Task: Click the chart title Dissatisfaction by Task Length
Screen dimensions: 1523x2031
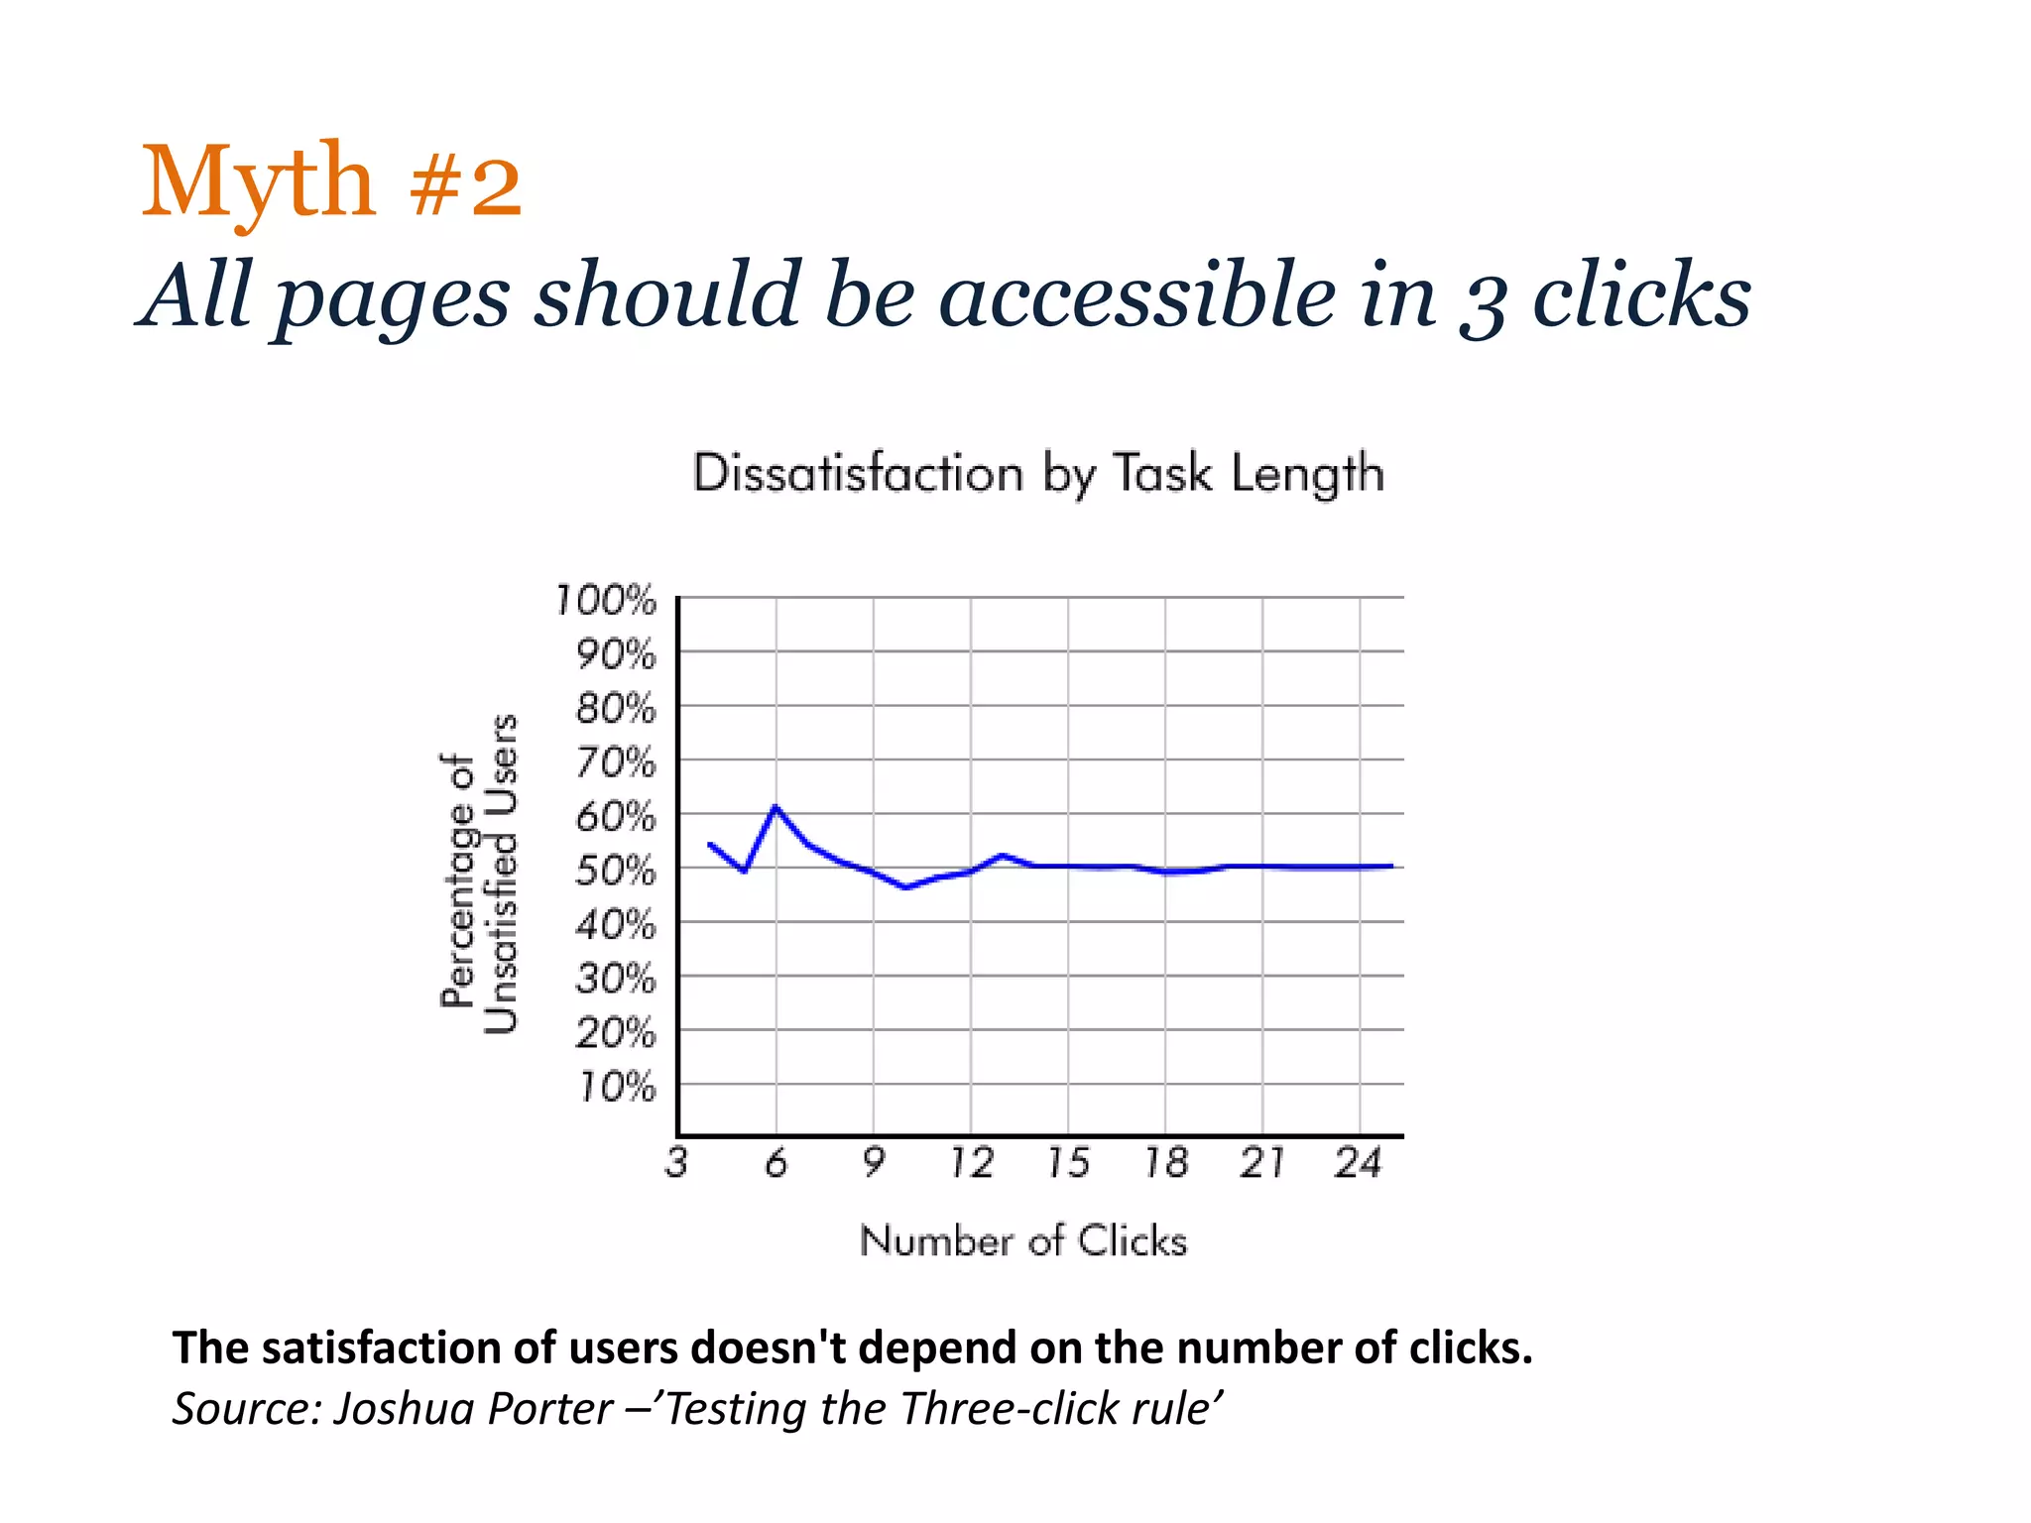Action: pos(1037,473)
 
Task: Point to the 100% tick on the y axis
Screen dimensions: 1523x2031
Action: pos(606,600)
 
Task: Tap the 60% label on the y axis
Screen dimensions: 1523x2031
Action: pos(616,817)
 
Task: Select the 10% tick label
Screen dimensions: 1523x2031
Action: pos(616,1088)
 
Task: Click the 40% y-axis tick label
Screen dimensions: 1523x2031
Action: pos(616,925)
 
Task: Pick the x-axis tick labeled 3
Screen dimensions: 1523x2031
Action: pos(677,1162)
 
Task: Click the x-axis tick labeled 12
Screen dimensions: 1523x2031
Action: pos(971,1162)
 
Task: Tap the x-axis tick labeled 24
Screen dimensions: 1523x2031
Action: pos(1359,1162)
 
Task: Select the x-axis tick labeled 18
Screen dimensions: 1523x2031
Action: pos(1166,1162)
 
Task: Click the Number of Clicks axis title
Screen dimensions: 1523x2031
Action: pos(1022,1240)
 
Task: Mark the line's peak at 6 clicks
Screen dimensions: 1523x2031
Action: pos(776,807)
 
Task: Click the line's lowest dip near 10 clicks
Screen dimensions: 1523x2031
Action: pos(905,886)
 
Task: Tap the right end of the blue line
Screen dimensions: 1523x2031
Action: pos(1391,866)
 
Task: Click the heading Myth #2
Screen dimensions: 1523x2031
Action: pos(332,180)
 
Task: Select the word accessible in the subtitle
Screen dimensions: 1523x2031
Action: pos(1137,295)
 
